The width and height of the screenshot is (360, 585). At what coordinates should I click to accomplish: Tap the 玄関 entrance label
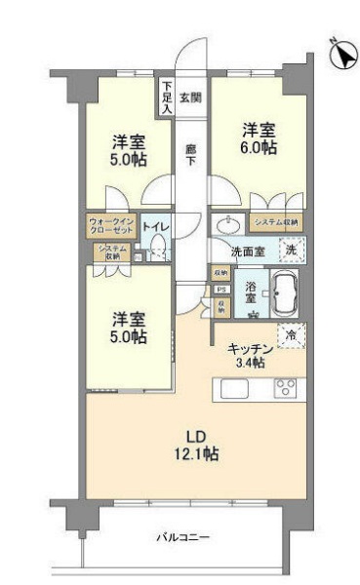192,97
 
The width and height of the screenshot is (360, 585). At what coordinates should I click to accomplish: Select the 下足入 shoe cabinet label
168,97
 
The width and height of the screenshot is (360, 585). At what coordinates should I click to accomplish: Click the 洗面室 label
248,251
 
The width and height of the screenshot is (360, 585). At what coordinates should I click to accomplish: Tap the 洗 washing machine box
290,251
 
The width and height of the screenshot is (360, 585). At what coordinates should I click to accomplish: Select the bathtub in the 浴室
285,292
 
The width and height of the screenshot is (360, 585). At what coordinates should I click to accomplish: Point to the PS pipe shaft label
221,290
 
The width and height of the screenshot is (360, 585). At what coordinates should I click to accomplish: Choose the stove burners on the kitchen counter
285,388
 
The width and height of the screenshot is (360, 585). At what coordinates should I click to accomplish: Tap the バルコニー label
183,537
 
